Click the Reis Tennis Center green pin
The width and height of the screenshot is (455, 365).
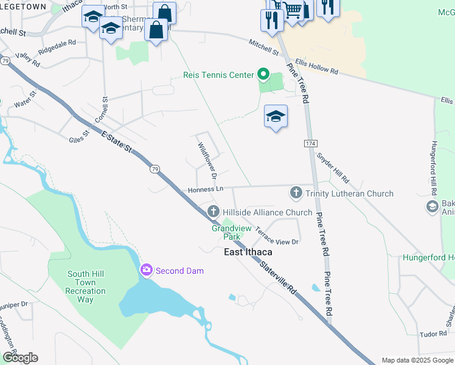point(263,75)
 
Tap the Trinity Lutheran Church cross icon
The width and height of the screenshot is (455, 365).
point(296,193)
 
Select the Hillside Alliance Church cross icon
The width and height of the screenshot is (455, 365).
point(214,212)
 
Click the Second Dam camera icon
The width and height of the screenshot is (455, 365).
point(147,270)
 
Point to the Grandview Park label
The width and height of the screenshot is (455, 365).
point(227,232)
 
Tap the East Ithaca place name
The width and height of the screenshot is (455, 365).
point(248,252)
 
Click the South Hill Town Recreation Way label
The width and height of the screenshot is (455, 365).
point(86,287)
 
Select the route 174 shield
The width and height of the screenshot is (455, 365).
point(311,142)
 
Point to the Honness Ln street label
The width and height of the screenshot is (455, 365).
point(206,189)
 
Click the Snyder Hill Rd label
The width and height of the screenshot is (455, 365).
point(333,167)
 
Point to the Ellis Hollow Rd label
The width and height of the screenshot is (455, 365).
point(316,66)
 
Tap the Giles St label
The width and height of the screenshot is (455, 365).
point(79,138)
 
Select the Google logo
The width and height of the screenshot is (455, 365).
point(20,358)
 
